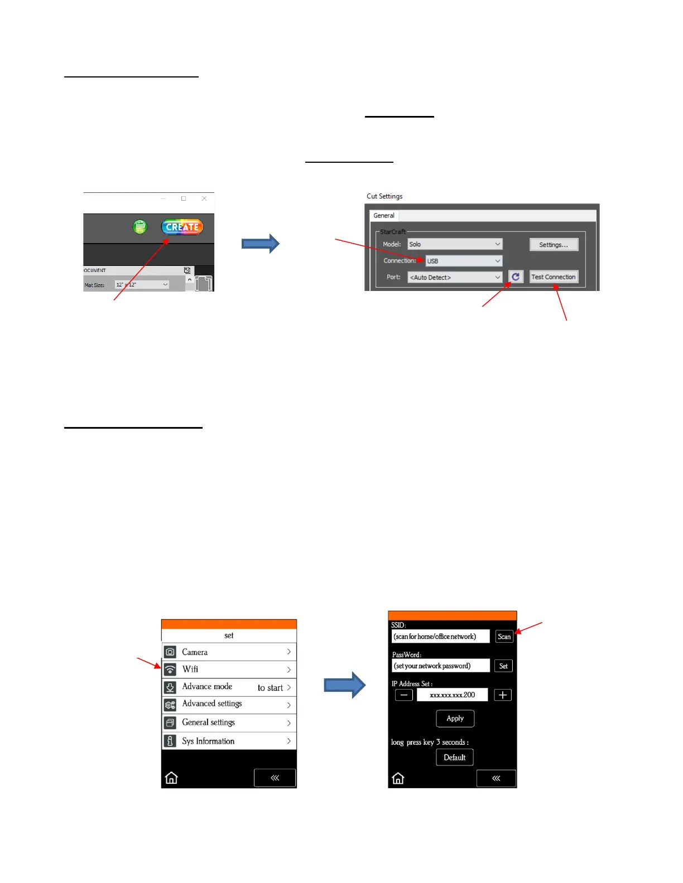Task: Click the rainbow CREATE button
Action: click(182, 227)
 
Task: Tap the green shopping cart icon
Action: click(140, 227)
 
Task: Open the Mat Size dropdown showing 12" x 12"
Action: click(142, 285)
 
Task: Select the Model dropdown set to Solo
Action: click(455, 244)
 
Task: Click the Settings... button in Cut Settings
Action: click(554, 245)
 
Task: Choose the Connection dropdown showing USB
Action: click(464, 261)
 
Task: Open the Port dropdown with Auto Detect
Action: click(455, 277)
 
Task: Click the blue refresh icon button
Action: click(516, 276)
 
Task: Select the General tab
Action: click(384, 216)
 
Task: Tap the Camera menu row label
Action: click(195, 652)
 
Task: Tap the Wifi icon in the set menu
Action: click(170, 669)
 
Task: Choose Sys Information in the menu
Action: click(208, 741)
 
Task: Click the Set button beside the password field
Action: click(503, 666)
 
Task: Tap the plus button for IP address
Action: click(502, 695)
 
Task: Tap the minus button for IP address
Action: click(404, 695)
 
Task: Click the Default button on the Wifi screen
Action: click(454, 758)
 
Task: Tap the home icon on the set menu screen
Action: click(171, 778)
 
